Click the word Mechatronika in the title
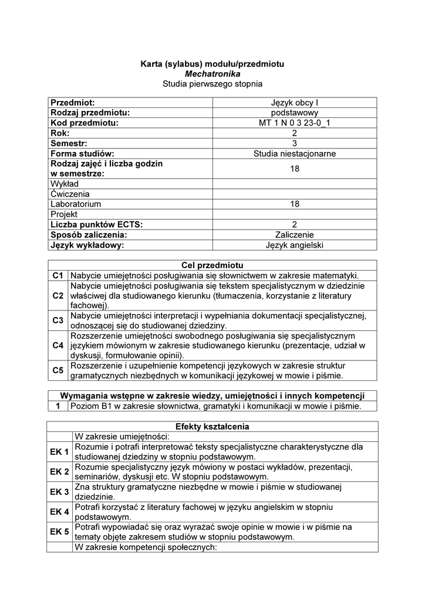[212, 74]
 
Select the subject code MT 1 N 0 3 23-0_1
[295, 123]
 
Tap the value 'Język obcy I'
[295, 103]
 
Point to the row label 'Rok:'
[60, 133]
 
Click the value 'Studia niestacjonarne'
[295, 153]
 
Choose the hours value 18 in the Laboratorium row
[295, 204]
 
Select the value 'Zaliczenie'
[295, 235]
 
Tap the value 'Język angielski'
[295, 245]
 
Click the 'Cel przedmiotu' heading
[212, 265]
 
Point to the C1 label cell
[58, 275]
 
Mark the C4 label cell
[58, 346]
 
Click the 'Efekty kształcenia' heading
[212, 426]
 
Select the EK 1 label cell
[59, 451]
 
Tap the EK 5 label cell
[59, 532]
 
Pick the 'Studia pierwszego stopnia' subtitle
[212, 85]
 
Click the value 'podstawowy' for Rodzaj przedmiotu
[295, 113]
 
